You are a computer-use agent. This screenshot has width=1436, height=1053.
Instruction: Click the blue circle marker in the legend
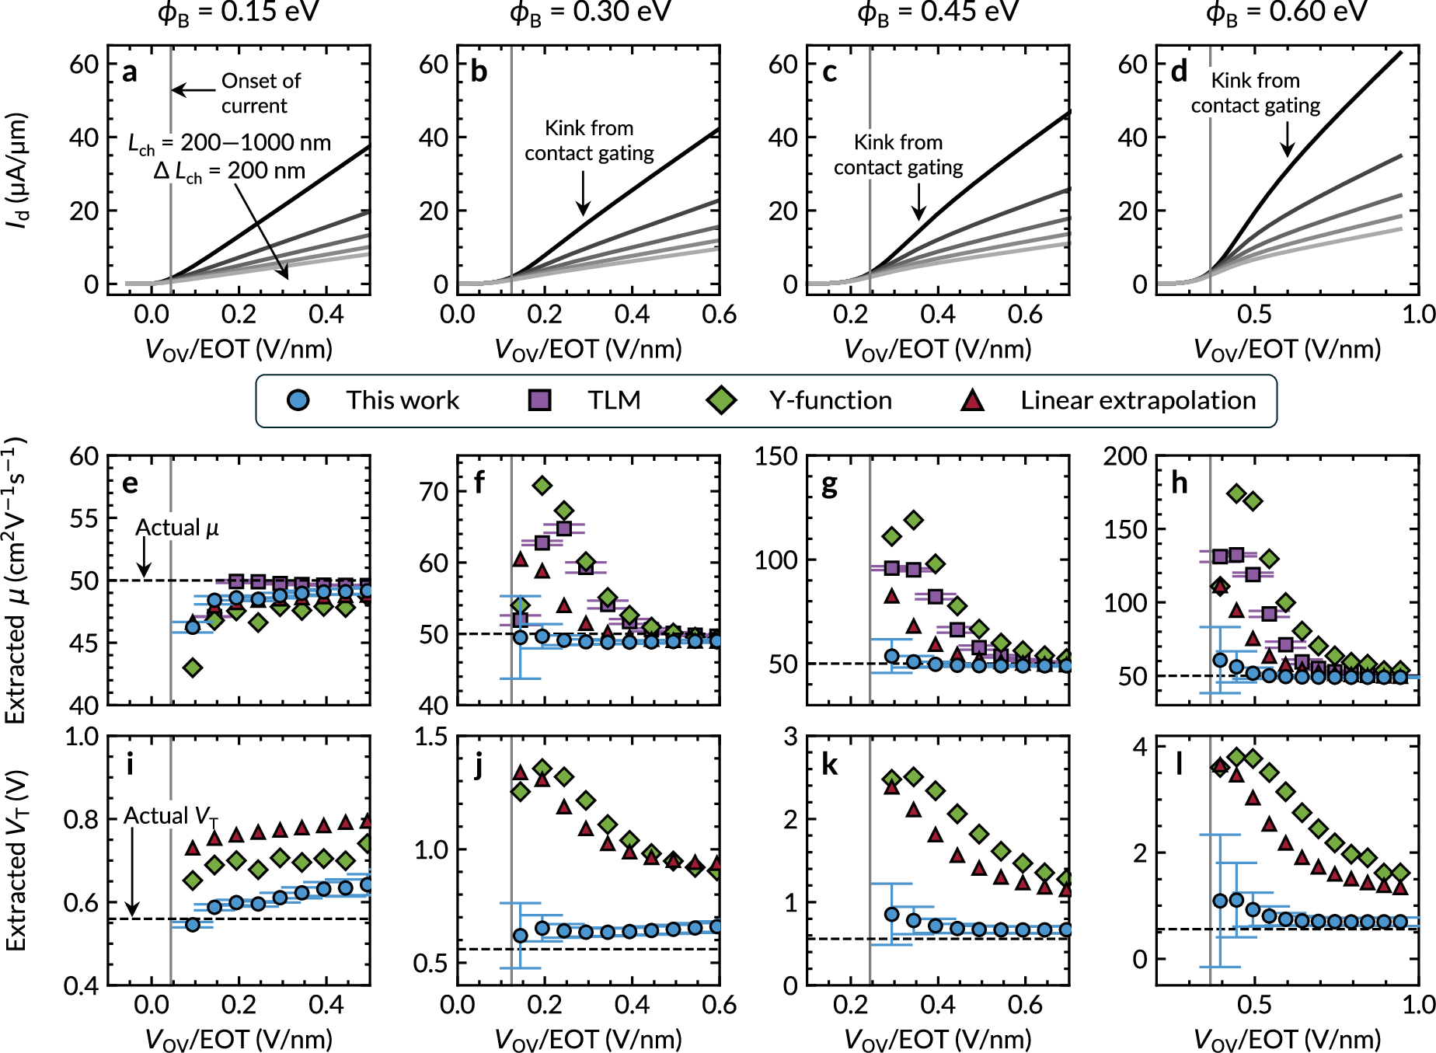pyautogui.click(x=298, y=400)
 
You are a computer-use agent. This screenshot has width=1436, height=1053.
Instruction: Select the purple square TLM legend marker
pyautogui.click(x=539, y=400)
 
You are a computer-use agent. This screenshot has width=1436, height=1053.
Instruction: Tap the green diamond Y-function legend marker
pyautogui.click(x=721, y=400)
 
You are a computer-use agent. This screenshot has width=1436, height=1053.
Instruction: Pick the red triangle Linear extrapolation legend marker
pyautogui.click(x=972, y=400)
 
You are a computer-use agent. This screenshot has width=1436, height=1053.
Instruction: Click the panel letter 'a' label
pyautogui.click(x=130, y=71)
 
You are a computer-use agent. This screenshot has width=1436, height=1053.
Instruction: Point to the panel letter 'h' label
pyautogui.click(x=1179, y=483)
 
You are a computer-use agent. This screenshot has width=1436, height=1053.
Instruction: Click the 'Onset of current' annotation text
pyautogui.click(x=260, y=93)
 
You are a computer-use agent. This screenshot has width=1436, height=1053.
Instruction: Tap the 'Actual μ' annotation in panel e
pyautogui.click(x=177, y=528)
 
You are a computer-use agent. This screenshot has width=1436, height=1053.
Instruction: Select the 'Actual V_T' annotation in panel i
pyautogui.click(x=171, y=816)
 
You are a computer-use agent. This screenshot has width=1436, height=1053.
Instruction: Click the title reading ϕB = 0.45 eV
pyautogui.click(x=937, y=12)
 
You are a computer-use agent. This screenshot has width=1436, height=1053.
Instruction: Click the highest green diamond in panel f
pyautogui.click(x=542, y=486)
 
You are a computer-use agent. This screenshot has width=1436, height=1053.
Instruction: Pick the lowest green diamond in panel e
pyautogui.click(x=193, y=668)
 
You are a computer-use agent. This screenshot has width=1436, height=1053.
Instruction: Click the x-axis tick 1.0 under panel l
pyautogui.click(x=1419, y=1005)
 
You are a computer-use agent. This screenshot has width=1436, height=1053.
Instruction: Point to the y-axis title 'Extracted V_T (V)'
pyautogui.click(x=17, y=860)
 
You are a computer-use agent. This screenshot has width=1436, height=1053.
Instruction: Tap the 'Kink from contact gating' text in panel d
pyautogui.click(x=1255, y=93)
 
